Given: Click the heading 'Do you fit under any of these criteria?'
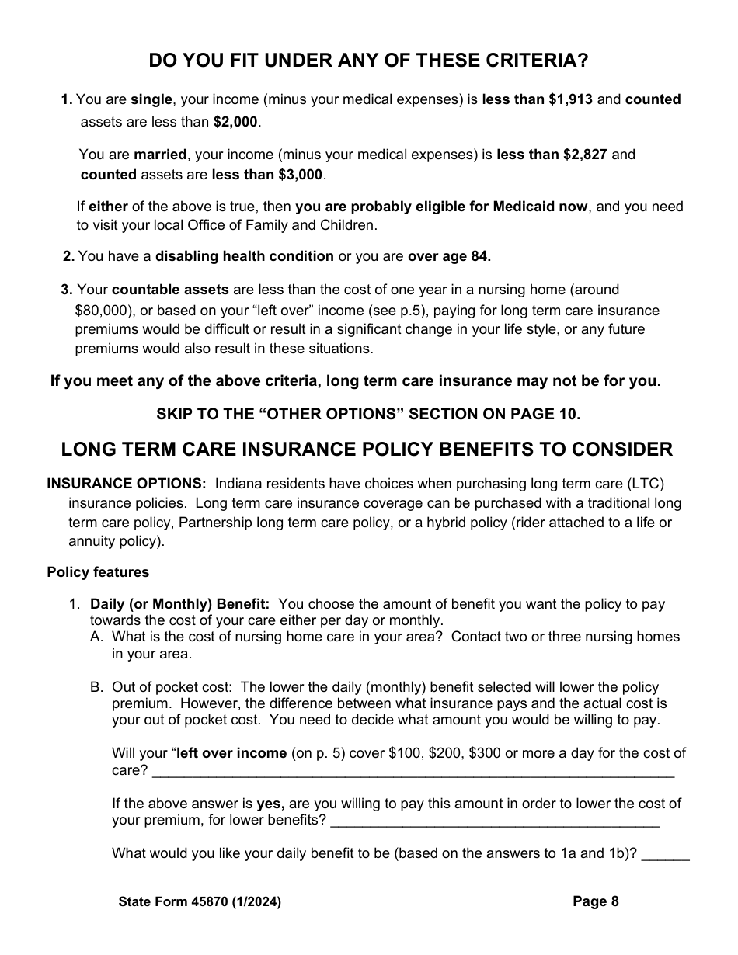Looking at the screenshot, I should [x=368, y=60].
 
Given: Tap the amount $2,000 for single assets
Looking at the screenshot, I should [x=236, y=122].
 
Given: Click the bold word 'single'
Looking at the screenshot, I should [x=151, y=99].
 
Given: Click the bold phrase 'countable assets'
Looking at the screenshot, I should [x=170, y=290].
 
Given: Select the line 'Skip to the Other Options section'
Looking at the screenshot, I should [x=368, y=414].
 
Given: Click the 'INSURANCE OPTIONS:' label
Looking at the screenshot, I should [x=127, y=483].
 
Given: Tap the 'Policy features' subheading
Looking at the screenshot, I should [x=98, y=572].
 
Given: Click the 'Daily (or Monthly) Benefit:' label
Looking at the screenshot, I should [x=180, y=604].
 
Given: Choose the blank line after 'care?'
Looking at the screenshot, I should [x=413, y=771].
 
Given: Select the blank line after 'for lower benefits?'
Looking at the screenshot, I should [x=495, y=821].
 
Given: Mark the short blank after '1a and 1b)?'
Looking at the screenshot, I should [x=667, y=854].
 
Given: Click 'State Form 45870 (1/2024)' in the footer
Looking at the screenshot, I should [x=200, y=901].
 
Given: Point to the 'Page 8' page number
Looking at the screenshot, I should [x=596, y=901].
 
